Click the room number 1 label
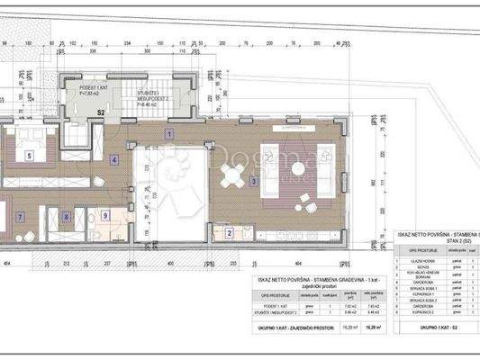coord(168,133)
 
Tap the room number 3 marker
coord(255,181)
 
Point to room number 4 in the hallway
coord(114,160)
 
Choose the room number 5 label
coord(30,155)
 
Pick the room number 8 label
coord(67,217)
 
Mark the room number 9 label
coord(104,216)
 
